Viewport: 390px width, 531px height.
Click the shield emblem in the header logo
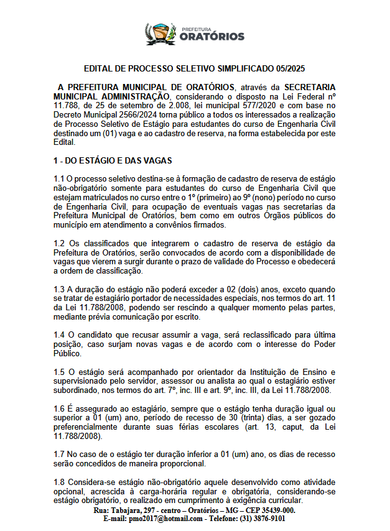(x=159, y=33)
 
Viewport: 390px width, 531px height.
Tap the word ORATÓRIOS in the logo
(x=211, y=37)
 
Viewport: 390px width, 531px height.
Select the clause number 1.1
(x=60, y=179)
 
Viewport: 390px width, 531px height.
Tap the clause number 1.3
(x=60, y=289)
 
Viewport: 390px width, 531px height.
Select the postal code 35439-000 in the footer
(x=272, y=510)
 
